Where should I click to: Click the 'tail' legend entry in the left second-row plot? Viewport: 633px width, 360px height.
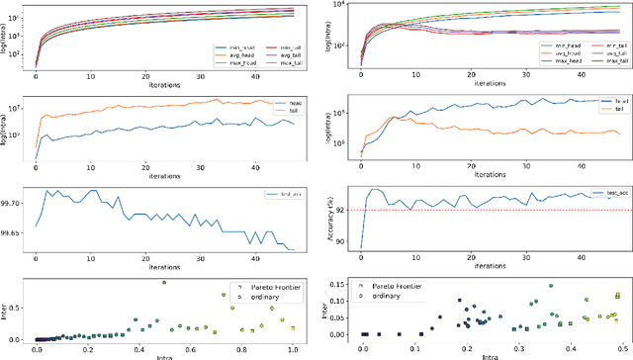293,112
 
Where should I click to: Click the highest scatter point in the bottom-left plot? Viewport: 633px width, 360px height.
164,283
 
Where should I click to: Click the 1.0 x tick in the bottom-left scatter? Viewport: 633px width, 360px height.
292,348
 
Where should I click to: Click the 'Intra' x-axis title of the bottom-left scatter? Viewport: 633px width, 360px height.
164,356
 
